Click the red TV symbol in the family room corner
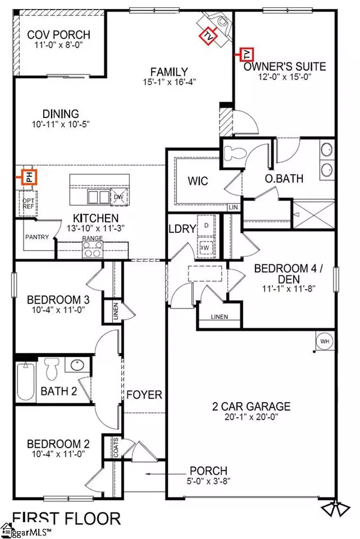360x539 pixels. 208,35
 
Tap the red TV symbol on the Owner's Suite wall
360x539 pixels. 246,55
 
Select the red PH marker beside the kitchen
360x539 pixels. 28,177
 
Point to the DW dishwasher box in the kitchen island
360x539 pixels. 118,196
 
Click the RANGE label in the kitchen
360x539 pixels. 92,239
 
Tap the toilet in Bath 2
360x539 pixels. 52,367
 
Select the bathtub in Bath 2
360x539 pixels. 25,381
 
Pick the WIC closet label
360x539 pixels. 197,181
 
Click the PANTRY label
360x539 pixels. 35,237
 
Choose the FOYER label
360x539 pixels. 144,395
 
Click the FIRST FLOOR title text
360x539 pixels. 67,517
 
